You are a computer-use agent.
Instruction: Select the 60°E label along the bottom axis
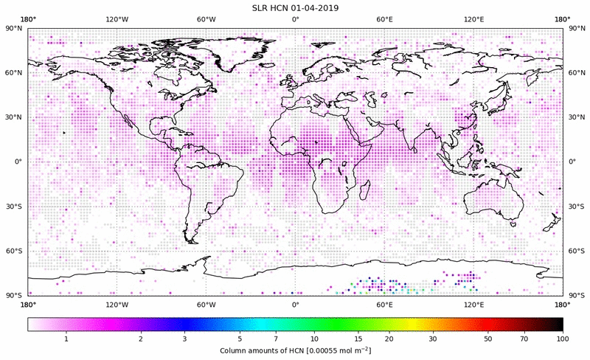click(x=383, y=304)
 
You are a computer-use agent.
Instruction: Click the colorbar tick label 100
click(x=563, y=339)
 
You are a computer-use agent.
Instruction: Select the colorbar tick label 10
click(x=315, y=339)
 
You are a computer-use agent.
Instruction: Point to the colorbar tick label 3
click(x=185, y=339)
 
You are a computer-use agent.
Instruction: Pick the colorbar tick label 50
click(x=488, y=339)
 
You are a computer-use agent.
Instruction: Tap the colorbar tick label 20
click(x=389, y=339)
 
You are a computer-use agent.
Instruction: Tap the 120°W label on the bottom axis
click(x=117, y=304)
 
